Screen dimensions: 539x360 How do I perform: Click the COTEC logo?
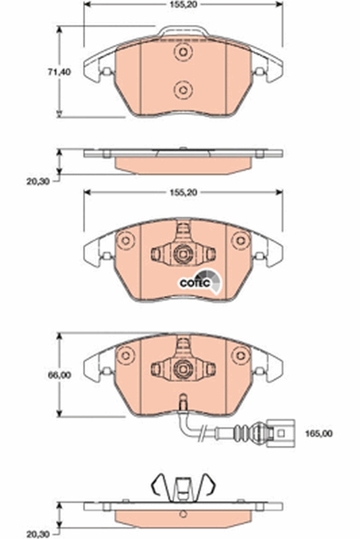pos(197,283)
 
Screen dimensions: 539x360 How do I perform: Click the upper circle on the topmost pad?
pos(181,53)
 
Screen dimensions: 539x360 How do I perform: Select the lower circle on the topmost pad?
pos(181,88)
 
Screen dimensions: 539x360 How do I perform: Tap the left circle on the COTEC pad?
pos(124,241)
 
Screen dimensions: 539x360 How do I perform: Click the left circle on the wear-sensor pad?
pos(124,354)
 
